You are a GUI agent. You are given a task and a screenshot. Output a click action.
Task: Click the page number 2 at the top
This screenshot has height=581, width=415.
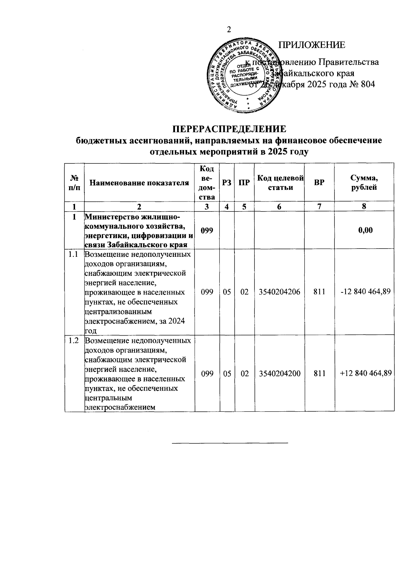pyautogui.click(x=228, y=30)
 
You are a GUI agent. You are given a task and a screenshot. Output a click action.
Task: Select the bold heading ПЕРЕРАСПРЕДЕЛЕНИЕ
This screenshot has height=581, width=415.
pyautogui.click(x=229, y=129)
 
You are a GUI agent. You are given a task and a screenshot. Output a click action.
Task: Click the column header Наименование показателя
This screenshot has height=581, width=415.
pyautogui.click(x=139, y=183)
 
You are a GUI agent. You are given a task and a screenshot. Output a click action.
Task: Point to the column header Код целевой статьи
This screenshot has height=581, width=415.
pyautogui.click(x=280, y=183)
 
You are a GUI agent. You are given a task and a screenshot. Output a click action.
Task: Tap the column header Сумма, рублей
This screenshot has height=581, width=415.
pyautogui.click(x=364, y=183)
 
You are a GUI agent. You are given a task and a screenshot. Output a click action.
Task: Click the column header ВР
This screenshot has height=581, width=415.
pyautogui.click(x=319, y=183)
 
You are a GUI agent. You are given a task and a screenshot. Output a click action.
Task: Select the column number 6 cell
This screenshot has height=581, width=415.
pyautogui.click(x=279, y=206)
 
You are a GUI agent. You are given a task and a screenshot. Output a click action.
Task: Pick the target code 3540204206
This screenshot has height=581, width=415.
pyautogui.click(x=279, y=292)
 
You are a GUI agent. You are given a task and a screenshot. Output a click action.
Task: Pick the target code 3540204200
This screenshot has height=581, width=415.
pyautogui.click(x=279, y=373)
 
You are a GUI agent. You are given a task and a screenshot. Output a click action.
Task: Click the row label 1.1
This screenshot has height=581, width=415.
pyautogui.click(x=74, y=255)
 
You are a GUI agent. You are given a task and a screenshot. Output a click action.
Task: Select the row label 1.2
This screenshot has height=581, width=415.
pyautogui.click(x=74, y=340)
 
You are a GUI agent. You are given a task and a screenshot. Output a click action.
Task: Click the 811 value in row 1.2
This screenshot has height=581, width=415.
pyautogui.click(x=319, y=373)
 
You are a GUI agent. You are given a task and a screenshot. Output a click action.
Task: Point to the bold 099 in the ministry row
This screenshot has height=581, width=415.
pyautogui.click(x=207, y=230)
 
